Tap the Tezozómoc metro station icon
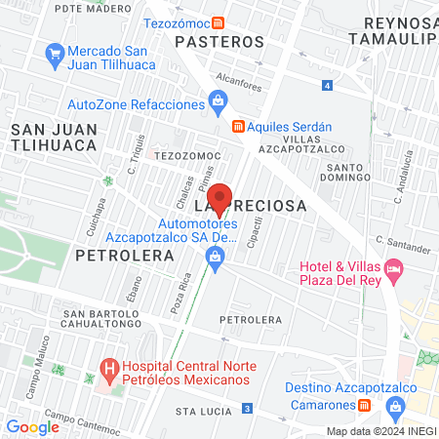[222, 21]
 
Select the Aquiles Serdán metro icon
[237, 126]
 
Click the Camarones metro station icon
[363, 405]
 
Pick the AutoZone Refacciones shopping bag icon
[218, 100]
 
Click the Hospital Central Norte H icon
[109, 370]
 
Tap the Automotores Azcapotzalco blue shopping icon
[214, 257]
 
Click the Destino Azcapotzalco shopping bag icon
[396, 405]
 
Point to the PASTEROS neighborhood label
[219, 42]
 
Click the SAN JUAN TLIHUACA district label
[54, 136]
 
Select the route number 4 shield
[328, 87]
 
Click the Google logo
[33, 426]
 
